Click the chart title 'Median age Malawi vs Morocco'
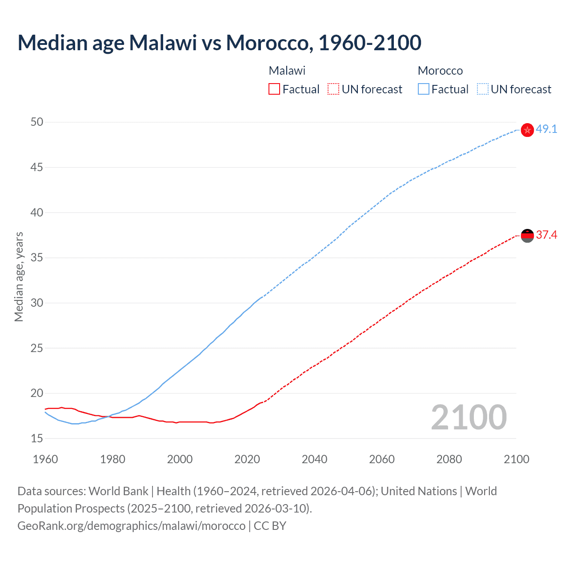click(x=219, y=43)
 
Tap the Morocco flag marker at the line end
click(x=527, y=130)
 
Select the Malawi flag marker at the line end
click(x=527, y=236)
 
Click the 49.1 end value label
click(x=546, y=129)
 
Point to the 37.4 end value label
click(x=546, y=235)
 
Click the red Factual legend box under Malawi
click(x=274, y=89)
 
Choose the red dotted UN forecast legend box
click(x=333, y=89)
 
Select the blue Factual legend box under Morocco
click(x=424, y=89)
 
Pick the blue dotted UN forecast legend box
click(x=483, y=89)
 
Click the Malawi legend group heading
click(x=287, y=71)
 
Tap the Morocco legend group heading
click(x=440, y=71)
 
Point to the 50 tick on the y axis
click(x=37, y=122)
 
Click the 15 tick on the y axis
click(x=37, y=438)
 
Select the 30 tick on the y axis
click(x=37, y=303)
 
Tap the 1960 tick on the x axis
click(x=45, y=459)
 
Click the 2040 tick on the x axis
click(x=314, y=459)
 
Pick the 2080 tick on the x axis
click(x=449, y=459)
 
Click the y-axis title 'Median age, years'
click(x=19, y=276)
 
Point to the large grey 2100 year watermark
click(x=469, y=417)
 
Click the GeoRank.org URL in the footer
click(x=131, y=525)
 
